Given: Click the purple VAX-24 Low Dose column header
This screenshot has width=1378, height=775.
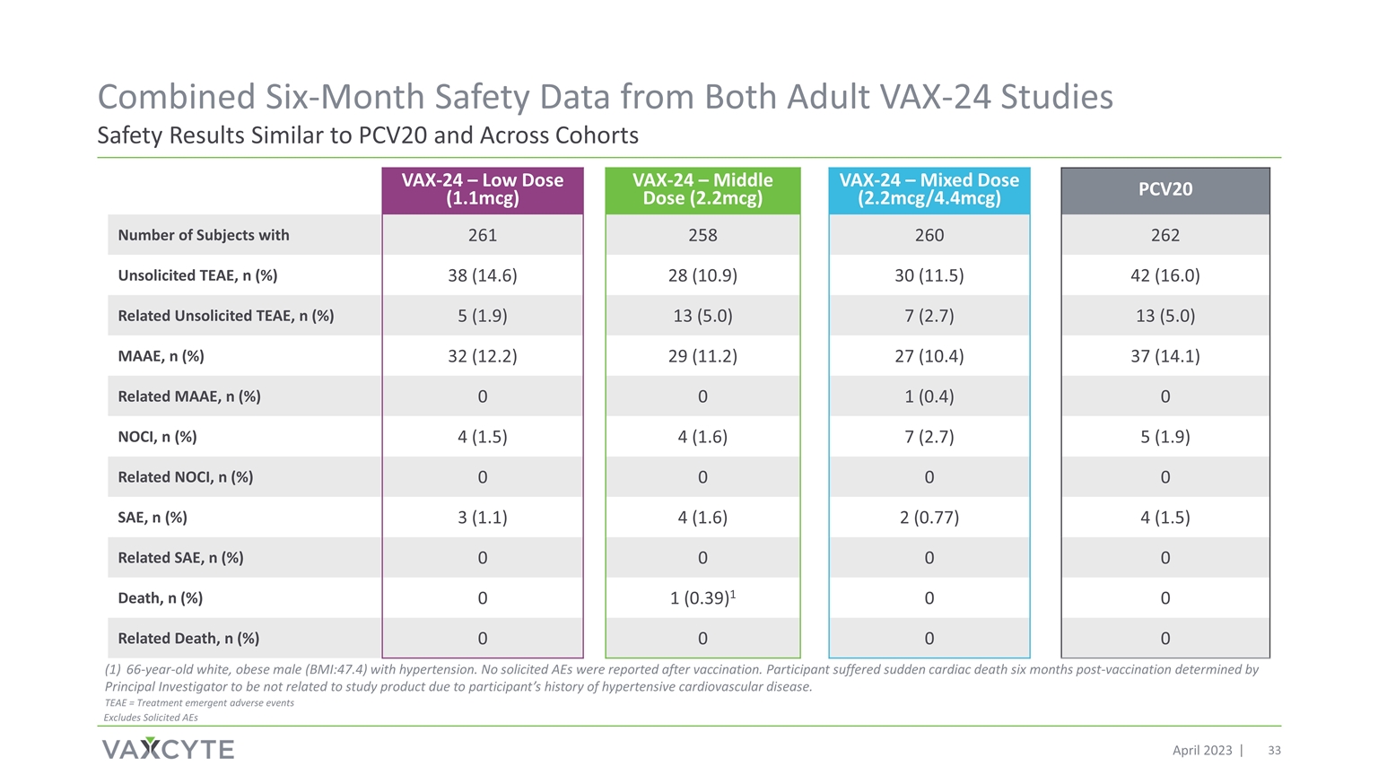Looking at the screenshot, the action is tap(483, 190).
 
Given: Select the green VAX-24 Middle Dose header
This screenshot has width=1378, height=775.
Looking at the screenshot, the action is tap(702, 190).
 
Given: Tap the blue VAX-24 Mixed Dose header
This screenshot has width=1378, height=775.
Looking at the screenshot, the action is tap(929, 190).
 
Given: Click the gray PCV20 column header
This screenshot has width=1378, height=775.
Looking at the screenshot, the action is tap(1165, 190).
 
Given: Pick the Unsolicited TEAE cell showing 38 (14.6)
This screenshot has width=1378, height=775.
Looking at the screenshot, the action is tap(483, 275).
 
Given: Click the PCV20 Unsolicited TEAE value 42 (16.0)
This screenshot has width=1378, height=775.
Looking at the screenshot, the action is tap(1165, 275).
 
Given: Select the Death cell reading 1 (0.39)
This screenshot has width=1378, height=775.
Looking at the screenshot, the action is tap(702, 598).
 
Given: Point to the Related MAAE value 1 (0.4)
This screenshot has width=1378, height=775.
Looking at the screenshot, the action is tap(929, 396).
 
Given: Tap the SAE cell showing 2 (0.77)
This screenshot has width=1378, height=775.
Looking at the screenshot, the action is tap(929, 518).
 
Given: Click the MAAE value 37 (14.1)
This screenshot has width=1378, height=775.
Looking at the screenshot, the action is tap(1165, 356).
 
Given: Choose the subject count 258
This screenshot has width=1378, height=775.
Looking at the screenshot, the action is tap(702, 235).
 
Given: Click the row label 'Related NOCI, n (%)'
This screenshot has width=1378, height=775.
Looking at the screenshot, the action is tap(185, 477).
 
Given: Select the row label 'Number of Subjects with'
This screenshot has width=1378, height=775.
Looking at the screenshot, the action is tap(203, 235).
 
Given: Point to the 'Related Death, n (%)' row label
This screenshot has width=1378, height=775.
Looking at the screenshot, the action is tap(188, 639).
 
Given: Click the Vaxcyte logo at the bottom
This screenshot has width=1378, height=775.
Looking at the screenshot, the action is tap(168, 749).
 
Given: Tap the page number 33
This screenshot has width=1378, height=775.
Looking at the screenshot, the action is tap(1274, 751).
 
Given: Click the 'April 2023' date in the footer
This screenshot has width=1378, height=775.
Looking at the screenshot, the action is tap(1202, 751).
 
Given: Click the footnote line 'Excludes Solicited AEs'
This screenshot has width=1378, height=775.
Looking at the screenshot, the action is tap(151, 718).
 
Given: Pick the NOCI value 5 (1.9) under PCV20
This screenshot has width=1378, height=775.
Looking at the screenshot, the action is tap(1165, 437).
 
